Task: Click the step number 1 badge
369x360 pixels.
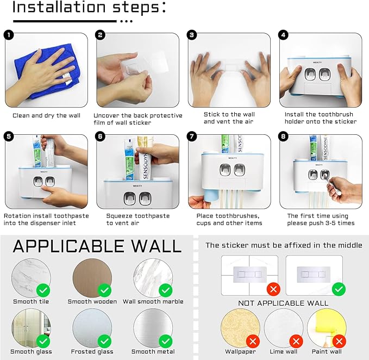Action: [x=9, y=35]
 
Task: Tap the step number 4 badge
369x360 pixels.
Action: [x=283, y=35]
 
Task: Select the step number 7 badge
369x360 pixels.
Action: [x=192, y=136]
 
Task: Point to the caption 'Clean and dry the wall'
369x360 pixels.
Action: [x=46, y=116]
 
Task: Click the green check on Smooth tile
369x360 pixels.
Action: [x=43, y=290]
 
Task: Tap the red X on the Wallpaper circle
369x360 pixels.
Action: [x=253, y=341]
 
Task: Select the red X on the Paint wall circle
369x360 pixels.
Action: [x=339, y=341]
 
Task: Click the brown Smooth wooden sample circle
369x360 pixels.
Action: [x=92, y=278]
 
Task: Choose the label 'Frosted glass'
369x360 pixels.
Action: [x=92, y=351]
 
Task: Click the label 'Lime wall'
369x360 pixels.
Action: [x=284, y=351]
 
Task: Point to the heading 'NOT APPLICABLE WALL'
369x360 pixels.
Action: [x=283, y=303]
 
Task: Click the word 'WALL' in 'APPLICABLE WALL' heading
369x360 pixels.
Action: [x=157, y=246]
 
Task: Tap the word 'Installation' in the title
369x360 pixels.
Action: [x=59, y=7]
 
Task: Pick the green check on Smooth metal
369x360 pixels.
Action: [x=166, y=341]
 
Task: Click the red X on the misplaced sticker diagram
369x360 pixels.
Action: [x=273, y=289]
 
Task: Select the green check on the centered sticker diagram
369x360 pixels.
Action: [x=339, y=289]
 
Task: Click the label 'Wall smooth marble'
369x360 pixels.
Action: [x=153, y=301]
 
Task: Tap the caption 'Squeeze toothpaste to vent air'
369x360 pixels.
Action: [x=138, y=220]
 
